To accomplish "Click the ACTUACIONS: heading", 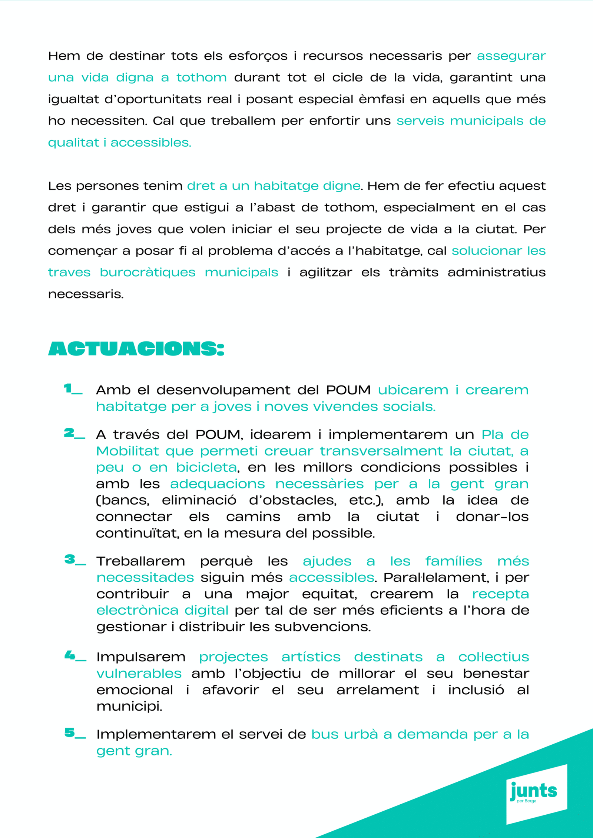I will [x=136, y=348].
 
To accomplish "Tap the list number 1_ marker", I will [x=73, y=389].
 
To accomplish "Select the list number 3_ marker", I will [x=75, y=560].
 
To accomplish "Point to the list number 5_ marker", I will [x=75, y=733].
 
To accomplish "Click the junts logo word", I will [x=534, y=790].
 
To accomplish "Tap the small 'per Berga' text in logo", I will [x=526, y=801].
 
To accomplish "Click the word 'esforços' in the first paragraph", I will [x=258, y=56].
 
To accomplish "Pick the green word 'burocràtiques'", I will [x=148, y=273].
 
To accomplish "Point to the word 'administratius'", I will [x=496, y=273].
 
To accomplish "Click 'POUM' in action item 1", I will [x=348, y=390].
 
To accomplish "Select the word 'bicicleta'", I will [x=206, y=467].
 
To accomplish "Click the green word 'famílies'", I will [x=454, y=561].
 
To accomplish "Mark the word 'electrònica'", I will [x=138, y=610].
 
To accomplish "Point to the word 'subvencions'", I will [x=322, y=627].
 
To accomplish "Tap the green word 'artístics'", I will [x=311, y=657].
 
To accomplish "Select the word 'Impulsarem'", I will [x=141, y=657].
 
